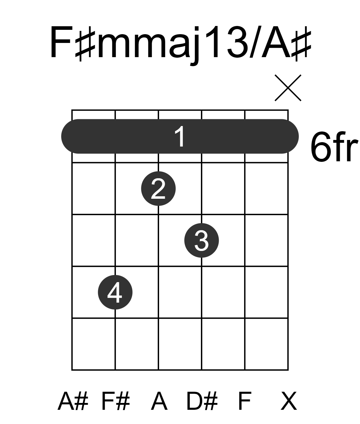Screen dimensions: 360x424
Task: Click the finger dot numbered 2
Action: (158, 189)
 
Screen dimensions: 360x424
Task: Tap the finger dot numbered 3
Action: (202, 240)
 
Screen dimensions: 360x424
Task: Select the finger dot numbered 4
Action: (115, 292)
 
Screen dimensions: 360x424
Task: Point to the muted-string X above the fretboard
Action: (288, 88)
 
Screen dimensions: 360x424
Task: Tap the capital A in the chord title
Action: (276, 42)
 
